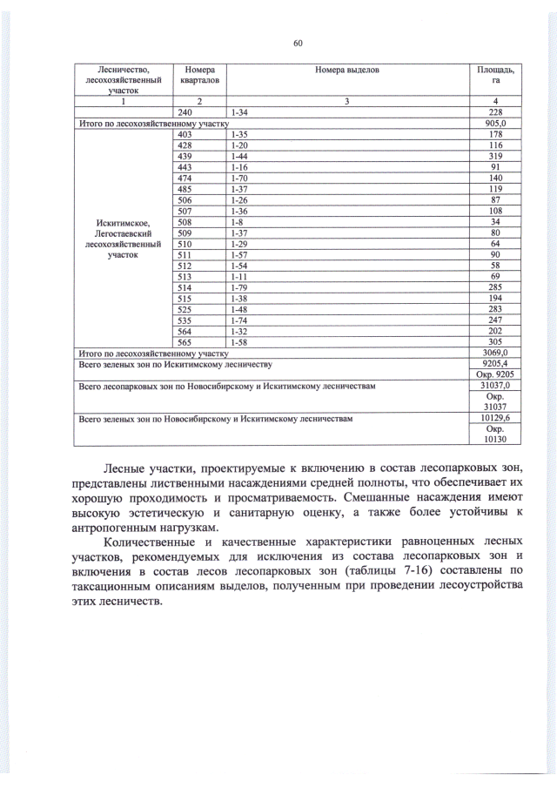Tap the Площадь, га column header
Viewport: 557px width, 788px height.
point(494,74)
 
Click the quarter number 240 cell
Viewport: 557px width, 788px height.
point(185,113)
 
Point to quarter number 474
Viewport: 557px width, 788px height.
point(185,178)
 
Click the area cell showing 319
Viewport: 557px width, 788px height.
point(494,156)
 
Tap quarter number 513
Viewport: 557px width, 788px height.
point(185,275)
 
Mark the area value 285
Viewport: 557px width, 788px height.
point(494,286)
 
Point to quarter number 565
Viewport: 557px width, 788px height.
point(185,341)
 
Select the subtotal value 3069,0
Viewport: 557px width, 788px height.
point(494,353)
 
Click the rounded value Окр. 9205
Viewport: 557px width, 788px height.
point(494,374)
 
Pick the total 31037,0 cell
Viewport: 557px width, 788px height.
point(494,386)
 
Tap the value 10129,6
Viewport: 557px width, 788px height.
point(494,419)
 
